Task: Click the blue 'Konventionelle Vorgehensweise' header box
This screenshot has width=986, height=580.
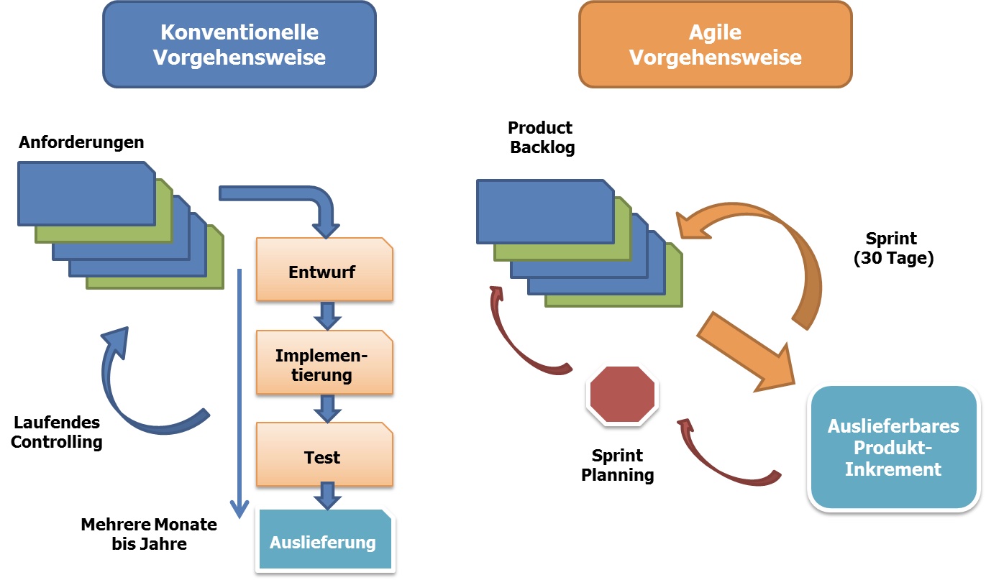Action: [x=239, y=45]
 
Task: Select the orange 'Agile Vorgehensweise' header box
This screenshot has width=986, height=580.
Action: [x=715, y=45]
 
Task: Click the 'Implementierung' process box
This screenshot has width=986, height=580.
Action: [x=324, y=363]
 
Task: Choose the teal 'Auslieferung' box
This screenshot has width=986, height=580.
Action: [x=324, y=540]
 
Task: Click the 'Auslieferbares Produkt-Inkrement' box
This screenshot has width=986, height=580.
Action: [x=893, y=447]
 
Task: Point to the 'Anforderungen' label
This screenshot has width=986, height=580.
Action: [x=81, y=142]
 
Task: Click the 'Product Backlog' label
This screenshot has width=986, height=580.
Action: [x=540, y=137]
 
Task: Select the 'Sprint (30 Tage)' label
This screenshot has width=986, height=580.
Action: [x=893, y=249]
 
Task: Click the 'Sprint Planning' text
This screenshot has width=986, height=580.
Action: [x=618, y=465]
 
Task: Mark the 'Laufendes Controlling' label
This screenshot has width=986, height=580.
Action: [x=57, y=432]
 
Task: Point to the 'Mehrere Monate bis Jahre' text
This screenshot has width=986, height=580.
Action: [x=149, y=534]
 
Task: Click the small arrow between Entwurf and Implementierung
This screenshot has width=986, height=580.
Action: [x=327, y=316]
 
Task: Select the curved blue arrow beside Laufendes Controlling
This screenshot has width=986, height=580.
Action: [x=137, y=388]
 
